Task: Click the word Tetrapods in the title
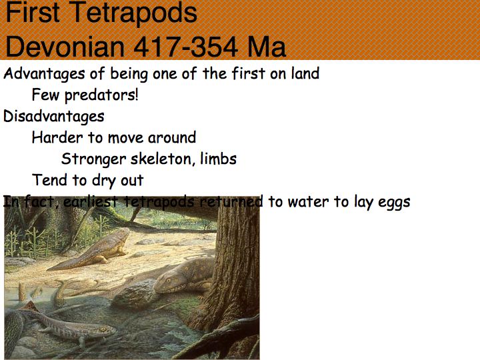[135, 12]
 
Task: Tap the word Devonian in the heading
[65, 47]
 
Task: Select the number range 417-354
[186, 47]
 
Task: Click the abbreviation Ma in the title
[267, 47]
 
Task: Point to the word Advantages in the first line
[44, 74]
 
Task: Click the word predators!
[101, 95]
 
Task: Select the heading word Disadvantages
[53, 116]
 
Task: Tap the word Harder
[57, 137]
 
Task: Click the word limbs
[218, 159]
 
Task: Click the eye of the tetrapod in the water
[103, 329]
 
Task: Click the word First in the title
[33, 12]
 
